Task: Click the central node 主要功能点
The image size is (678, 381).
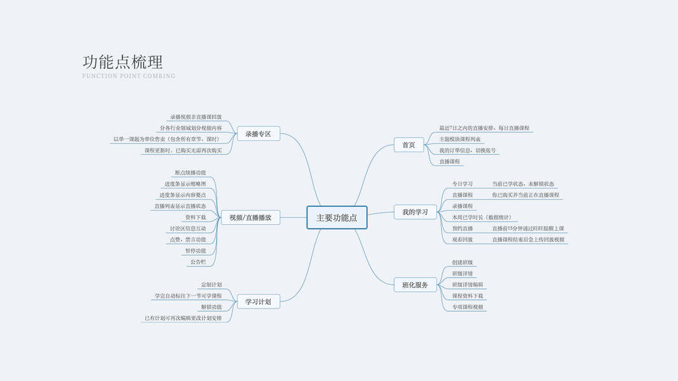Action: [x=337, y=217]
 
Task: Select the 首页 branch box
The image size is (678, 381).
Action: [x=409, y=145]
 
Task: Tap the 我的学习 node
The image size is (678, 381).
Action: [x=415, y=212]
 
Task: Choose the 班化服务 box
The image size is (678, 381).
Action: [x=415, y=285]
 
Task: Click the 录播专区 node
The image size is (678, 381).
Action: [x=258, y=134]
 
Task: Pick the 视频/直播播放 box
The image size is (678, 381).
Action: [x=250, y=217]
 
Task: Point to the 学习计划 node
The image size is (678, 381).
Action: [x=258, y=302]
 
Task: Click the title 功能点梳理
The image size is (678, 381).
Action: [x=123, y=62]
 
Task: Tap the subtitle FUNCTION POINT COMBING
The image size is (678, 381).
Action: [x=128, y=76]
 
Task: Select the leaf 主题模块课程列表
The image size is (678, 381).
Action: [x=460, y=139]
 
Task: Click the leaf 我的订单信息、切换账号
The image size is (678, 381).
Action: [x=468, y=150]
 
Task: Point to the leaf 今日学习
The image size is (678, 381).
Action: [x=463, y=184]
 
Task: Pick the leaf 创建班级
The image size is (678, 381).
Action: [x=463, y=262]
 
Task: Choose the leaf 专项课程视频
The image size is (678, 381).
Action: [x=468, y=307]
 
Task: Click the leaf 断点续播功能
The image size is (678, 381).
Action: [x=191, y=173]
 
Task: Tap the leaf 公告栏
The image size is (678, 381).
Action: [x=198, y=262]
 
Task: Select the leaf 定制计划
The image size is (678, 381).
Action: [x=212, y=284]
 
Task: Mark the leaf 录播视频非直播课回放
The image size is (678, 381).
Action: [x=196, y=117]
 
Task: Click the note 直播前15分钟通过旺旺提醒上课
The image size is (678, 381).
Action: [x=528, y=229]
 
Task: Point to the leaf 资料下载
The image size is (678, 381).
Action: [x=196, y=217]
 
